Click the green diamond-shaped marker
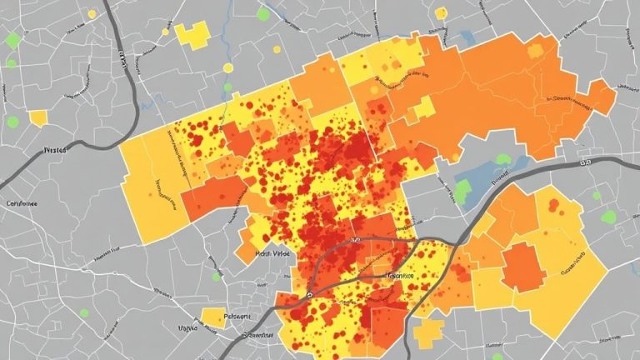(x=12, y=39)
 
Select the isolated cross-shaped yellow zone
(x=192, y=36)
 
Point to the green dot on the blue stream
(x=227, y=86)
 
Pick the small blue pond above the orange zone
(x=467, y=37)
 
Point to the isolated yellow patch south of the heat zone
(x=427, y=334)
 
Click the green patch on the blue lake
(x=462, y=191)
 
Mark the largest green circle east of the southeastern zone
(x=608, y=217)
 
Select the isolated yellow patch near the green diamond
(x=38, y=118)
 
